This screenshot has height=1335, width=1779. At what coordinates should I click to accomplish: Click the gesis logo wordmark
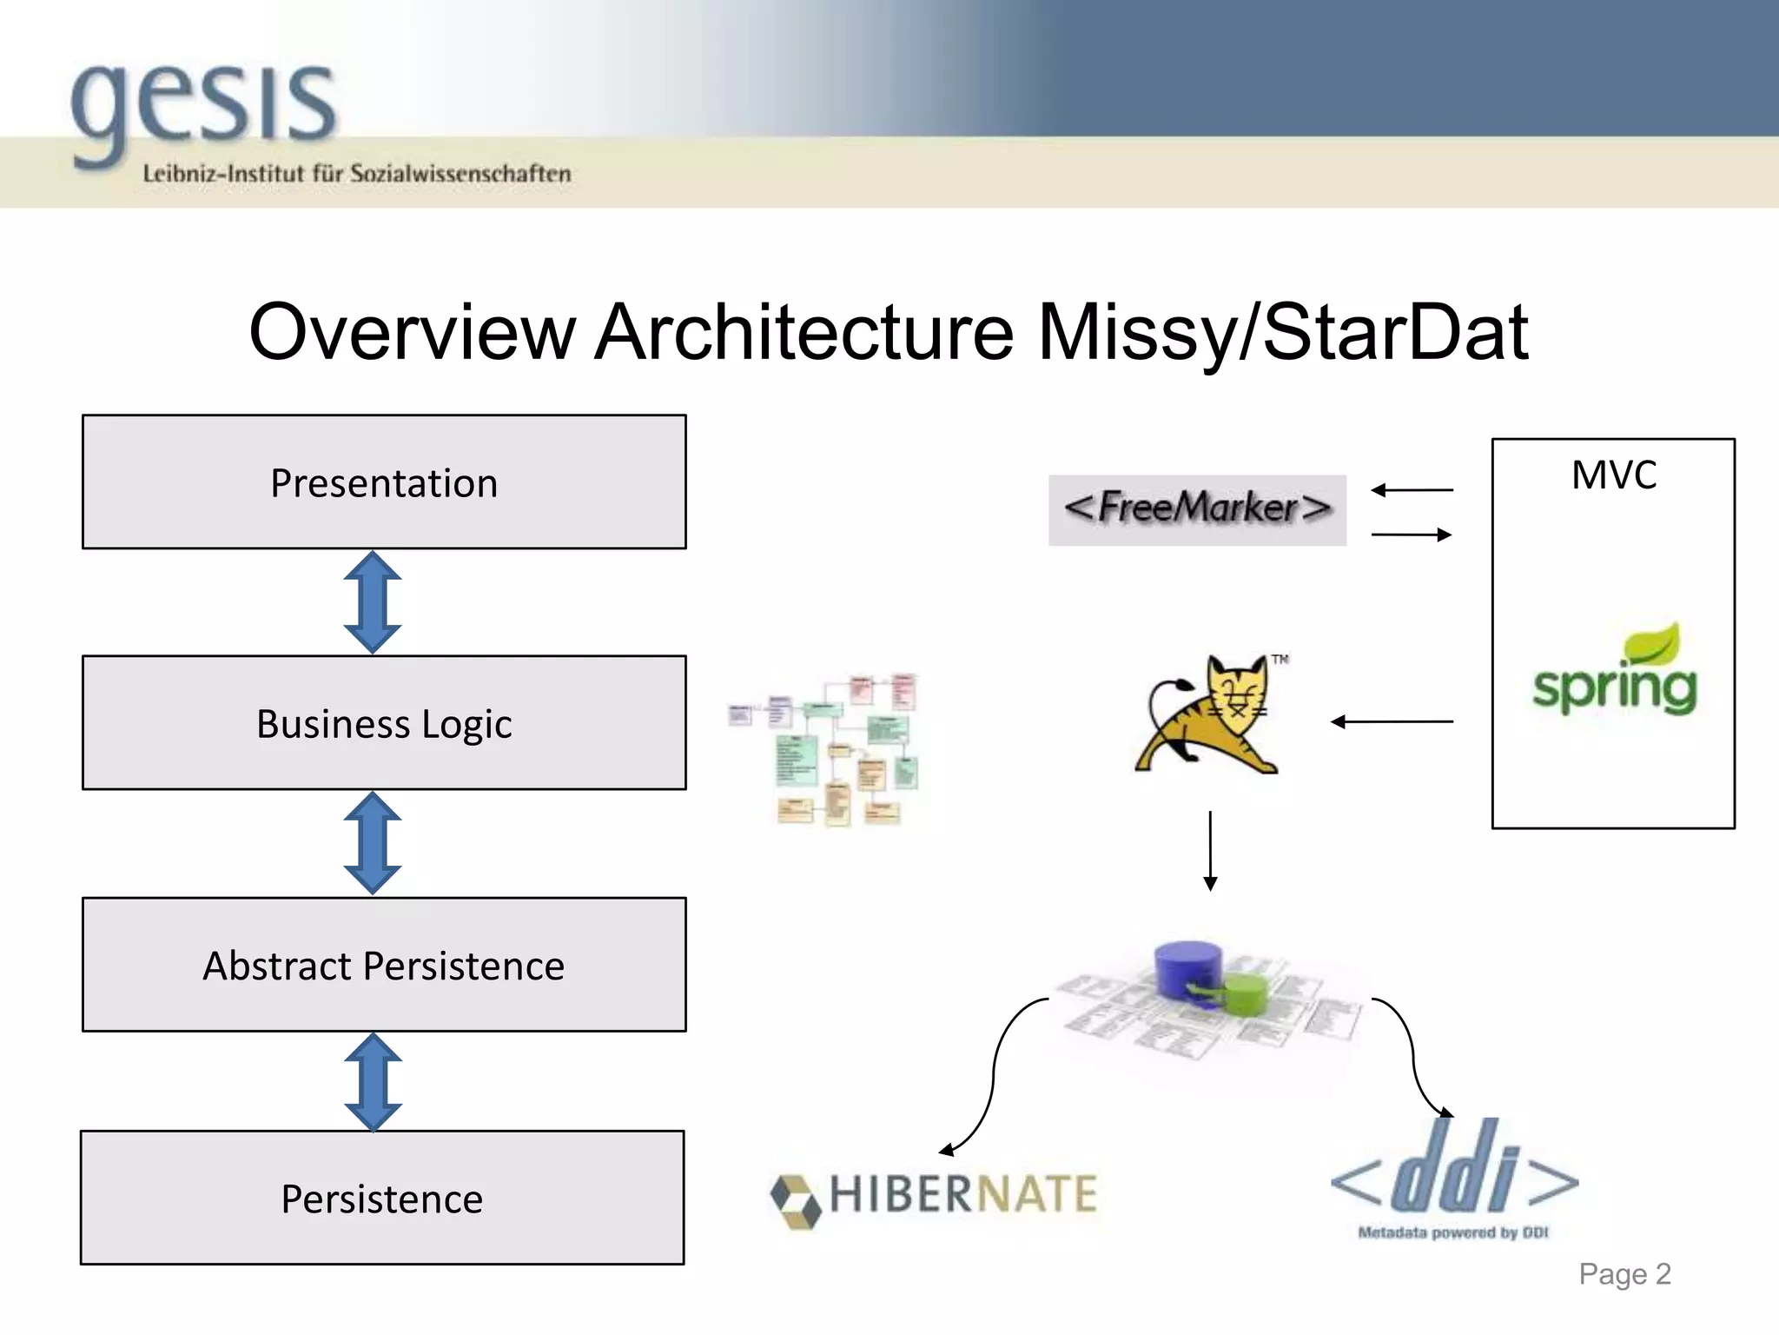(204, 109)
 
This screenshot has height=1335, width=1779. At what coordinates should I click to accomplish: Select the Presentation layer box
(384, 482)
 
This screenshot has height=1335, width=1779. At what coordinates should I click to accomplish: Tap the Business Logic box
(384, 723)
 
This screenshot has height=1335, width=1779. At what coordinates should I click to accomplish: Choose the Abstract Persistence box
(384, 965)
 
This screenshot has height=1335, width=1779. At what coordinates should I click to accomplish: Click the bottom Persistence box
(382, 1198)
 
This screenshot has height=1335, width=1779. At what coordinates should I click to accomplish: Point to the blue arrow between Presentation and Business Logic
(373, 602)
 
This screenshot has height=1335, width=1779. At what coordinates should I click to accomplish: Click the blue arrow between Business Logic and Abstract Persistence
(373, 843)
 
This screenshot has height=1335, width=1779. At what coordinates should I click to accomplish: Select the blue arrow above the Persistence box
(373, 1083)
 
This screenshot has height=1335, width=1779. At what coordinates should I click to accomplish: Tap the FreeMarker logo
(1197, 509)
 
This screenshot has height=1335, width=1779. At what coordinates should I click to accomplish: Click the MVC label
(1614, 475)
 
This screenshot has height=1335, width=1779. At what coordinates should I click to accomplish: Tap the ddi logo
(1454, 1178)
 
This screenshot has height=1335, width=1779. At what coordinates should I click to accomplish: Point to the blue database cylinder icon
(1187, 968)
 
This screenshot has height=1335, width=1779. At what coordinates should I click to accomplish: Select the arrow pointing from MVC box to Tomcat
(1392, 721)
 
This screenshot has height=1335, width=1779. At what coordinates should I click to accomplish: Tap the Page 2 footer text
(1624, 1274)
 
